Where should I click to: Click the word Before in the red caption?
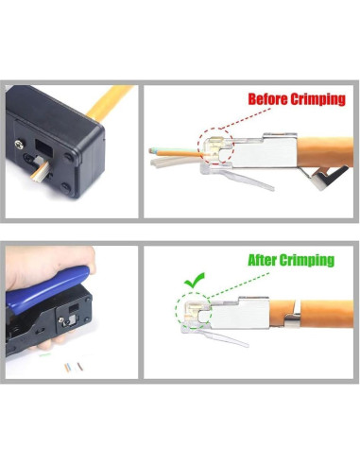click(x=266, y=98)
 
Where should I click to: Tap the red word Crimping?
click(x=317, y=98)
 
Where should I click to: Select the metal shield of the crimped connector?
click(x=246, y=312)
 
